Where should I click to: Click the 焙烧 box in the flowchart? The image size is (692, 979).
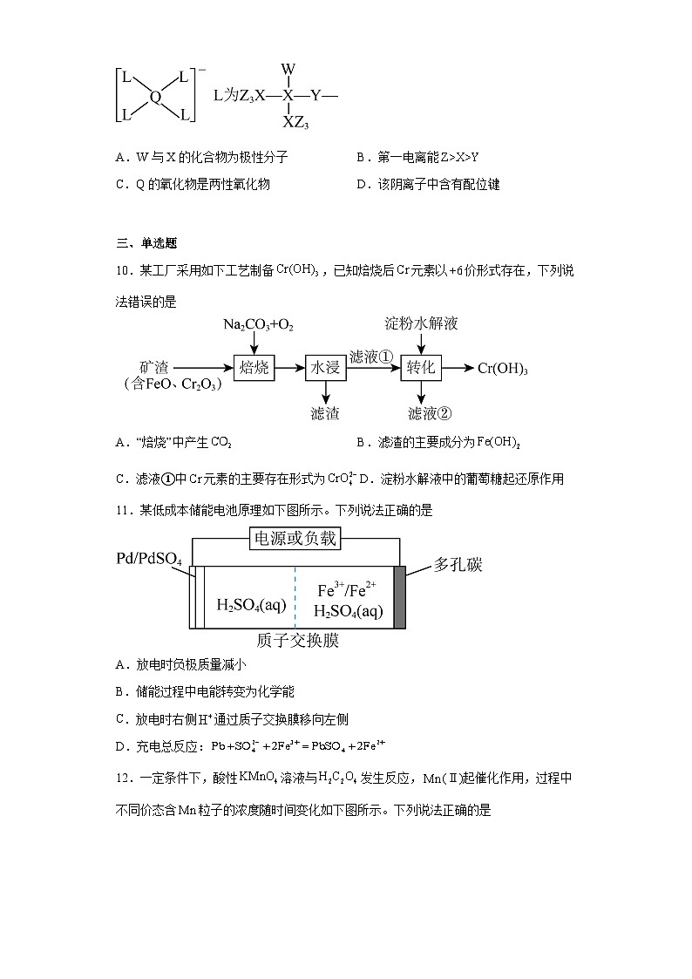254,368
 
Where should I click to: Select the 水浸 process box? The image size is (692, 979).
326,368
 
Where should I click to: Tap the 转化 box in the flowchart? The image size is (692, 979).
422,368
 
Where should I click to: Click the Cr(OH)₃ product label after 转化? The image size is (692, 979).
503,368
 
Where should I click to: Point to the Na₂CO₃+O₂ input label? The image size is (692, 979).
258,325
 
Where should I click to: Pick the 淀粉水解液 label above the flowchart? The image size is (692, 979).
422,324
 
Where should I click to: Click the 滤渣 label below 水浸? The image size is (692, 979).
325,413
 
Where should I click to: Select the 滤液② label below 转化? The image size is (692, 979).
430,413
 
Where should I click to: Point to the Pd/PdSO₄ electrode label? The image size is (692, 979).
149,558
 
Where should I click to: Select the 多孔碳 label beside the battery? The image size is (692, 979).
458,565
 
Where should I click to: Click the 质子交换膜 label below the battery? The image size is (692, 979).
297,642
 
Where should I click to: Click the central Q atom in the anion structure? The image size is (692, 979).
155,98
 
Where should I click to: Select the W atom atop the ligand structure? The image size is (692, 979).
288,69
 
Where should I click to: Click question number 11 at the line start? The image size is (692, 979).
122,510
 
